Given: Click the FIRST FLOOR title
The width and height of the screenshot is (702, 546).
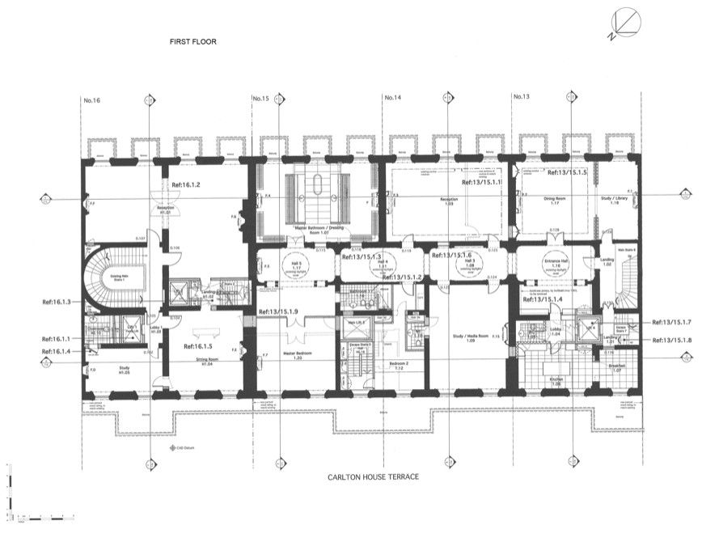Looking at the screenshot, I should [193, 41].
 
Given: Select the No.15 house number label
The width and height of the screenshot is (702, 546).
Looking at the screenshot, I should [260, 99].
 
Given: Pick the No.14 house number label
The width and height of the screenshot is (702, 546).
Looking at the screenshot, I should [392, 99].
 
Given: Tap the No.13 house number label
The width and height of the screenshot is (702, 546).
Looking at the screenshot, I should [522, 99].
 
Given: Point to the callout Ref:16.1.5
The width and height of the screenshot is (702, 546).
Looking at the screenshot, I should [191, 346].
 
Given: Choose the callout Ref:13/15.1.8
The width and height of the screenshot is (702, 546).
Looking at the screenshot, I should [671, 340].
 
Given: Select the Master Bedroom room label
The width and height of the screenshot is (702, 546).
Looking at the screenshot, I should [287, 351].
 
